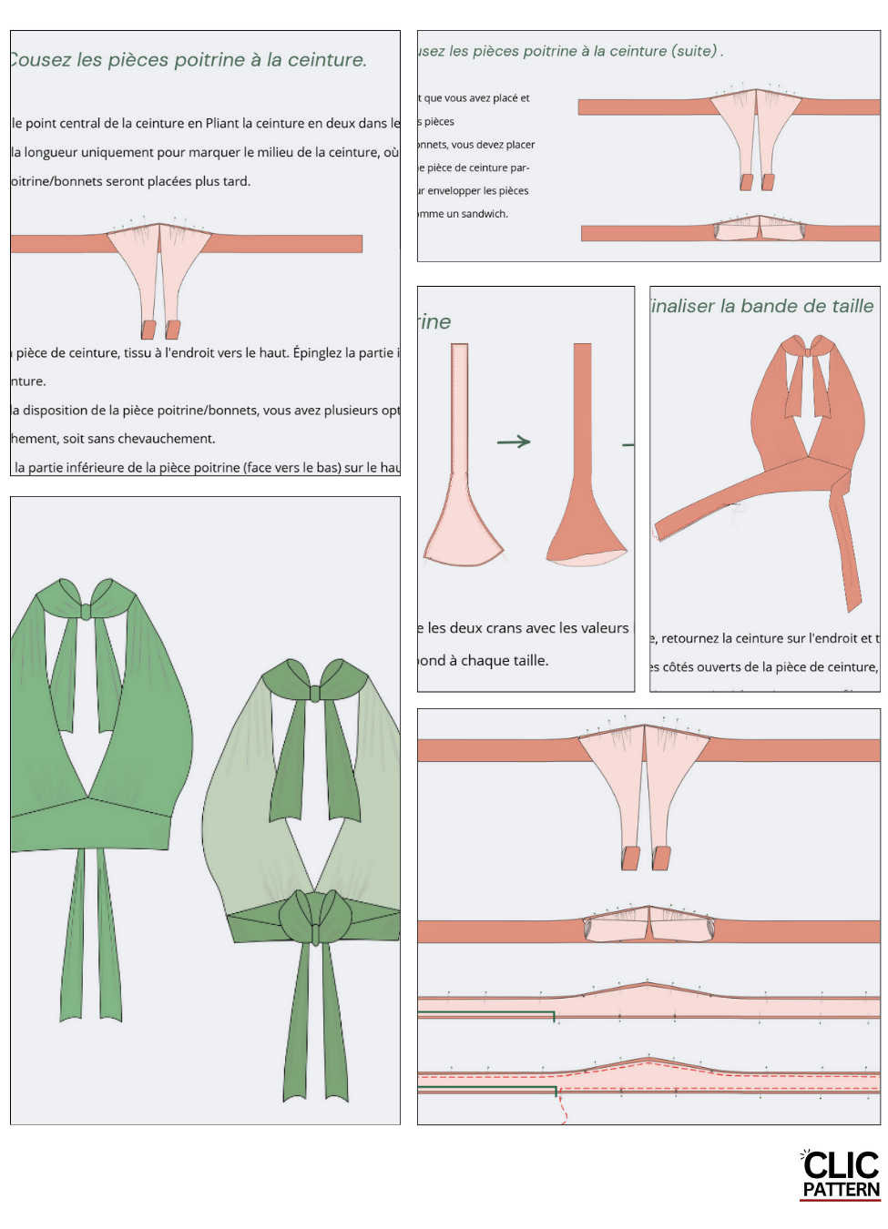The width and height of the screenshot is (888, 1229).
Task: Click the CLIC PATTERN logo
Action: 840,1175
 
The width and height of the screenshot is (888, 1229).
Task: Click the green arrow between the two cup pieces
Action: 514,442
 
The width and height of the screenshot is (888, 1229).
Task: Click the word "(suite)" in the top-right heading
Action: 694,51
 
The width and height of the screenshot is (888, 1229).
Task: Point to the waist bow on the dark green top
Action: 315,919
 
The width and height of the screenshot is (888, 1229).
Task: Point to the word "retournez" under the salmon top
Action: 689,638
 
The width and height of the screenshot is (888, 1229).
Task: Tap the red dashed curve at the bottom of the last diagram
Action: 562,1109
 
